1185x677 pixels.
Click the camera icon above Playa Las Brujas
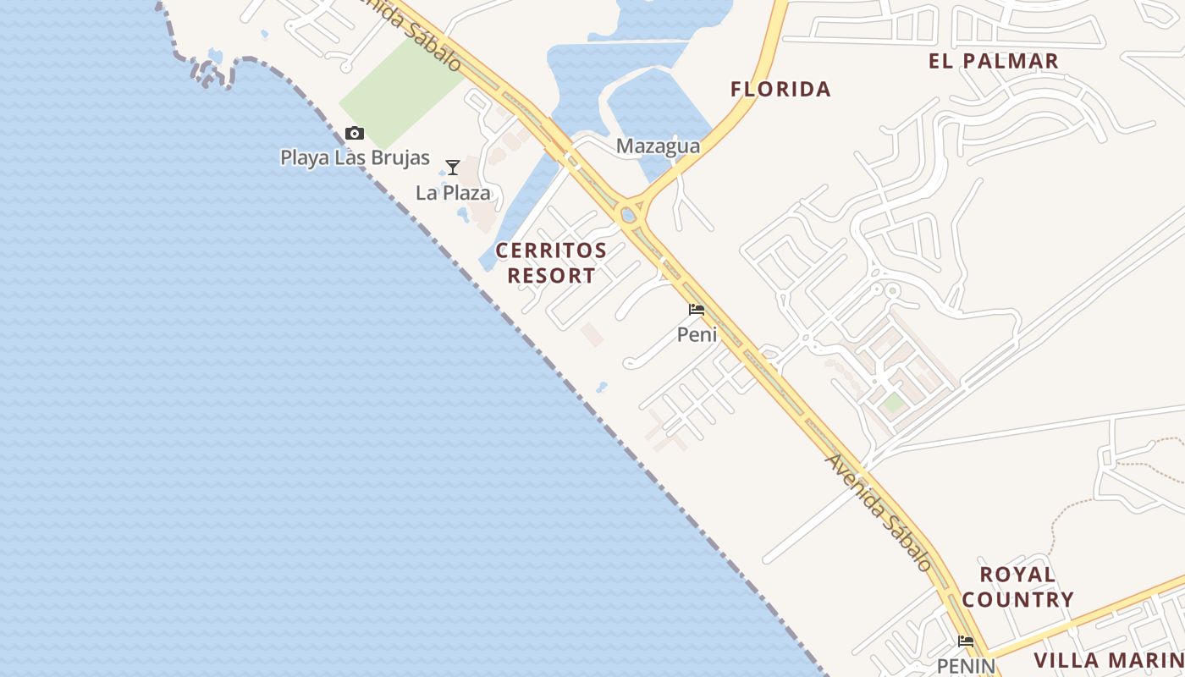[x=355, y=133]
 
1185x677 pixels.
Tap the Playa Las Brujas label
[x=355, y=158]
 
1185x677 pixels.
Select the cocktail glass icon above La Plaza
[x=453, y=168]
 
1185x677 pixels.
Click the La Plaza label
[x=453, y=193]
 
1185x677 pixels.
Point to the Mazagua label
[x=658, y=146]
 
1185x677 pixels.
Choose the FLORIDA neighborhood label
[x=780, y=89]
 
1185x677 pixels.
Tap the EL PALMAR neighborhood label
[x=993, y=61]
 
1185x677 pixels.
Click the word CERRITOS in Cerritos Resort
[x=551, y=250]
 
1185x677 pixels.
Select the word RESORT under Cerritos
[x=551, y=276]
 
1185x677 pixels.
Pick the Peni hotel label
[x=697, y=334]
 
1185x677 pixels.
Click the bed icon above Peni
[x=697, y=310]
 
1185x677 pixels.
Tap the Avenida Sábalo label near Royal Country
[x=879, y=512]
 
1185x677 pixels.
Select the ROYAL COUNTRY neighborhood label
[x=1017, y=587]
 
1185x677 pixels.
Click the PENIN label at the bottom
[x=966, y=666]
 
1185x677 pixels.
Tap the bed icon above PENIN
[x=966, y=641]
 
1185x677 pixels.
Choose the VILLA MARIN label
[x=1109, y=660]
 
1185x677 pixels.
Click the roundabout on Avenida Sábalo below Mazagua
[x=628, y=215]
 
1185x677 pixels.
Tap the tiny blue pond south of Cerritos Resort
[x=602, y=388]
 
